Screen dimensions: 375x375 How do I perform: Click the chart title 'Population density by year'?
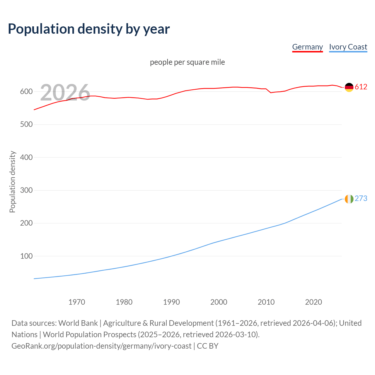click(x=89, y=29)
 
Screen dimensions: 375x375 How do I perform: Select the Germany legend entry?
click(x=307, y=47)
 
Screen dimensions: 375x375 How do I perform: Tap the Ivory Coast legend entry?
click(x=348, y=47)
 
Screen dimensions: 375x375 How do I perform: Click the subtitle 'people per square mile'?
click(x=187, y=62)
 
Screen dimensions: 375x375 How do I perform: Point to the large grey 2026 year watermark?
click(x=65, y=93)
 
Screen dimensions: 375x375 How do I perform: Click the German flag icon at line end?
click(x=349, y=87)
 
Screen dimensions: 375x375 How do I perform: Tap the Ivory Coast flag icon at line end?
click(x=349, y=199)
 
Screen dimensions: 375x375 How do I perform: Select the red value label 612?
click(x=361, y=87)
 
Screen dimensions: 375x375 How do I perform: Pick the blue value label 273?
click(x=361, y=199)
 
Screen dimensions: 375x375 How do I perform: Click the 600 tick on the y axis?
click(x=26, y=92)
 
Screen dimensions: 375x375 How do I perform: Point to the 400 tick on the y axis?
click(x=26, y=158)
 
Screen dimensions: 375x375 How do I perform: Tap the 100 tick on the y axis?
click(x=26, y=256)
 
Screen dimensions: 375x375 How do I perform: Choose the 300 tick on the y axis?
click(x=26, y=190)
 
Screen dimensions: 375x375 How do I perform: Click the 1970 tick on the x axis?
click(x=77, y=302)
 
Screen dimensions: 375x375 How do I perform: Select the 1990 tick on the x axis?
click(x=171, y=302)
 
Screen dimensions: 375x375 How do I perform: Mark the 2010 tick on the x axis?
click(x=266, y=302)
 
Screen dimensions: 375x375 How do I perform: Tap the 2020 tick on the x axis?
click(x=313, y=302)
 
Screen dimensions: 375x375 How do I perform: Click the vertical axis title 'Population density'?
click(x=12, y=182)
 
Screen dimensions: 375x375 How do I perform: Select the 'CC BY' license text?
click(x=208, y=346)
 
